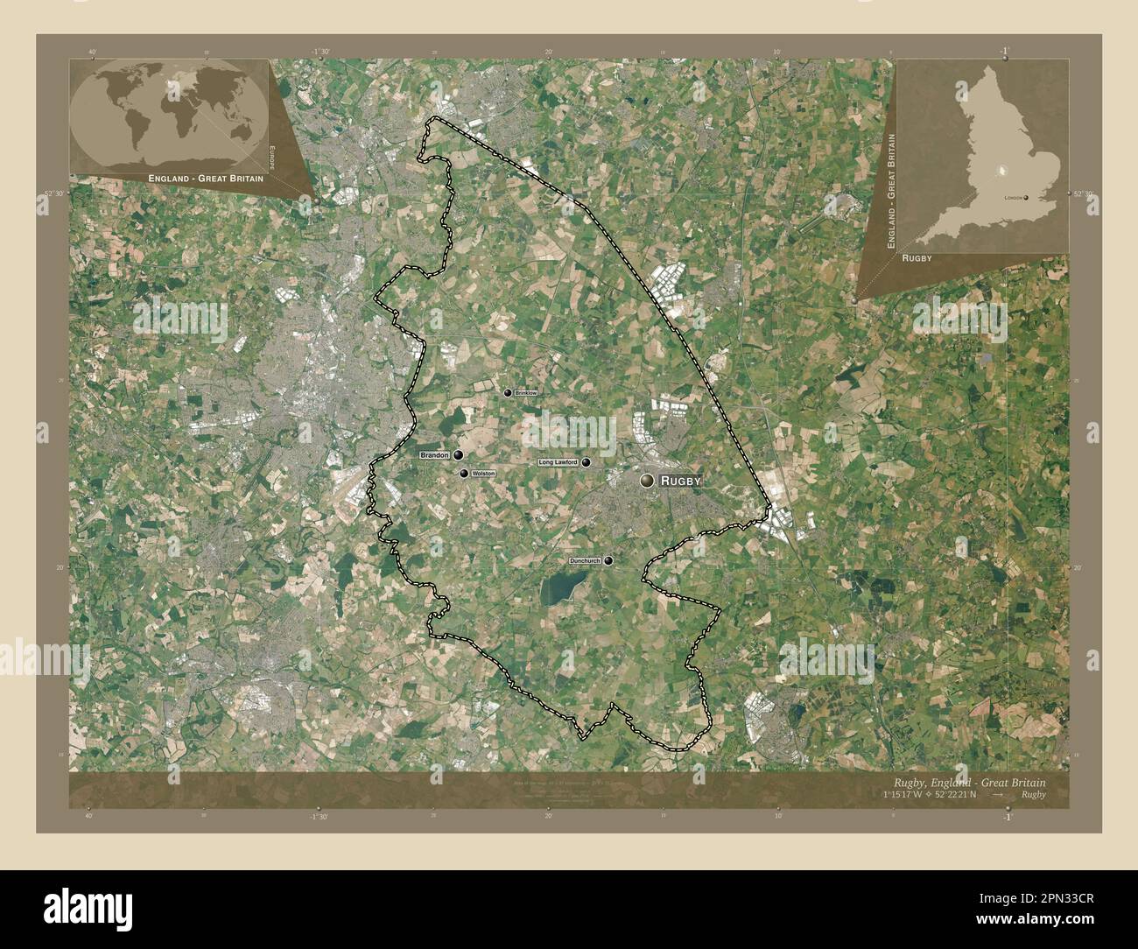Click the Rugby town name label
[x=681, y=481]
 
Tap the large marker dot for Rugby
[x=647, y=480]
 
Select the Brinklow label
[x=526, y=394]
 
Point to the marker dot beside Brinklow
[x=507, y=393]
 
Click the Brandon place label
[x=434, y=455]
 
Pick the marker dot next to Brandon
[x=458, y=455]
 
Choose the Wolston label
[x=483, y=473]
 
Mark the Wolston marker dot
[x=464, y=473]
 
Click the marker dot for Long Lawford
[x=586, y=462]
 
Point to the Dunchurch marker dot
[x=608, y=561]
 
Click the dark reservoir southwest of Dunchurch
[x=560, y=591]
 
